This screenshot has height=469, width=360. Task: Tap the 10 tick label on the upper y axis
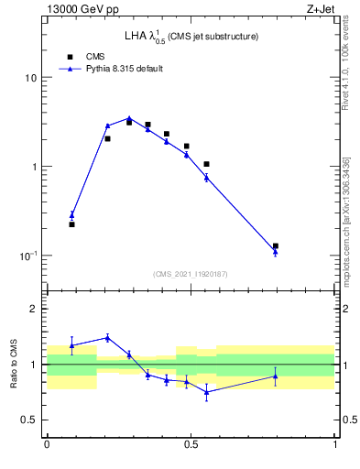click(x=31, y=78)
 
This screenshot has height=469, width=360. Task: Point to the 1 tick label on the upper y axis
click(x=34, y=167)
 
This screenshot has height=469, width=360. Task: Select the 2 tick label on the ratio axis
click(x=34, y=310)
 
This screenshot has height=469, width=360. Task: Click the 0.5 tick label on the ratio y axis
click(x=29, y=420)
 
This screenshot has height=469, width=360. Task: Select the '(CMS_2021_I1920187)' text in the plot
click(x=191, y=273)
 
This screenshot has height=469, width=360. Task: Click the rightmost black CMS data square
click(x=276, y=245)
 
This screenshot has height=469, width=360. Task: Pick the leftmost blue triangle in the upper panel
click(x=71, y=215)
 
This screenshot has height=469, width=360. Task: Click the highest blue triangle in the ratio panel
click(x=107, y=337)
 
